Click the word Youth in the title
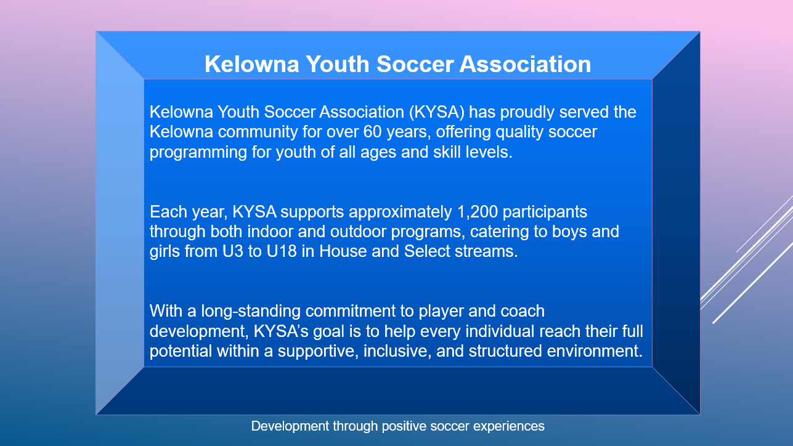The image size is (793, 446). (338, 64)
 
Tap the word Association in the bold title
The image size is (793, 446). (525, 64)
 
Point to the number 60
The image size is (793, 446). (372, 132)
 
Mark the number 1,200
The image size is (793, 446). (477, 212)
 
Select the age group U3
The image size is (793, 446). (232, 251)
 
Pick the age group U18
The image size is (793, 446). (282, 251)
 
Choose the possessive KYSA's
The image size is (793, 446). (281, 331)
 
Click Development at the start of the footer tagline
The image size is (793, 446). (290, 426)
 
